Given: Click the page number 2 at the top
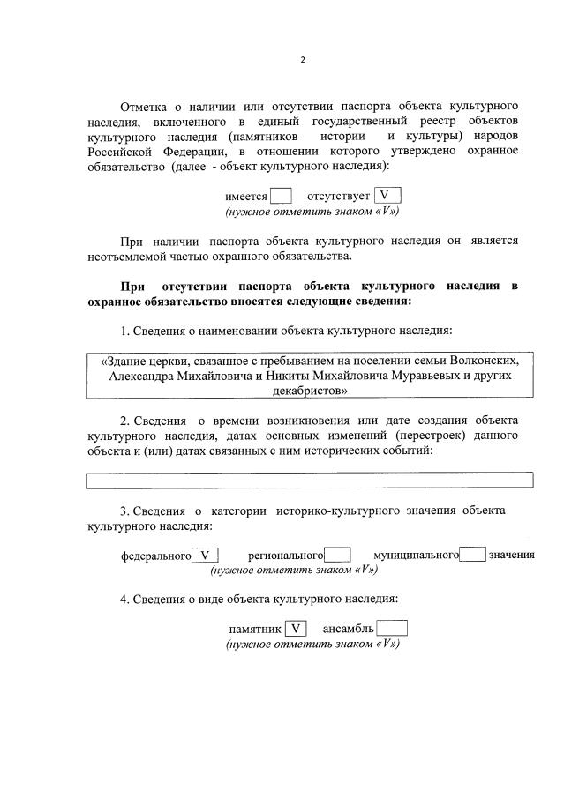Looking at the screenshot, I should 302,60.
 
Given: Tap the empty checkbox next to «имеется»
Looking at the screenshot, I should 281,196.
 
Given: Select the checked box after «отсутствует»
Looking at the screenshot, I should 387,196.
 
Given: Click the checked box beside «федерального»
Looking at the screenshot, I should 206,556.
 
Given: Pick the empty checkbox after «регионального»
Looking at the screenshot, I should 337,556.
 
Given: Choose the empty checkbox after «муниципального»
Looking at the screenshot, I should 473,556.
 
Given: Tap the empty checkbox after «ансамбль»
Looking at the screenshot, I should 392,629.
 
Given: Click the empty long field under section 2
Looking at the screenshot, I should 310,481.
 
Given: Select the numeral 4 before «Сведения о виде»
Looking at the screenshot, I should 124,600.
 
